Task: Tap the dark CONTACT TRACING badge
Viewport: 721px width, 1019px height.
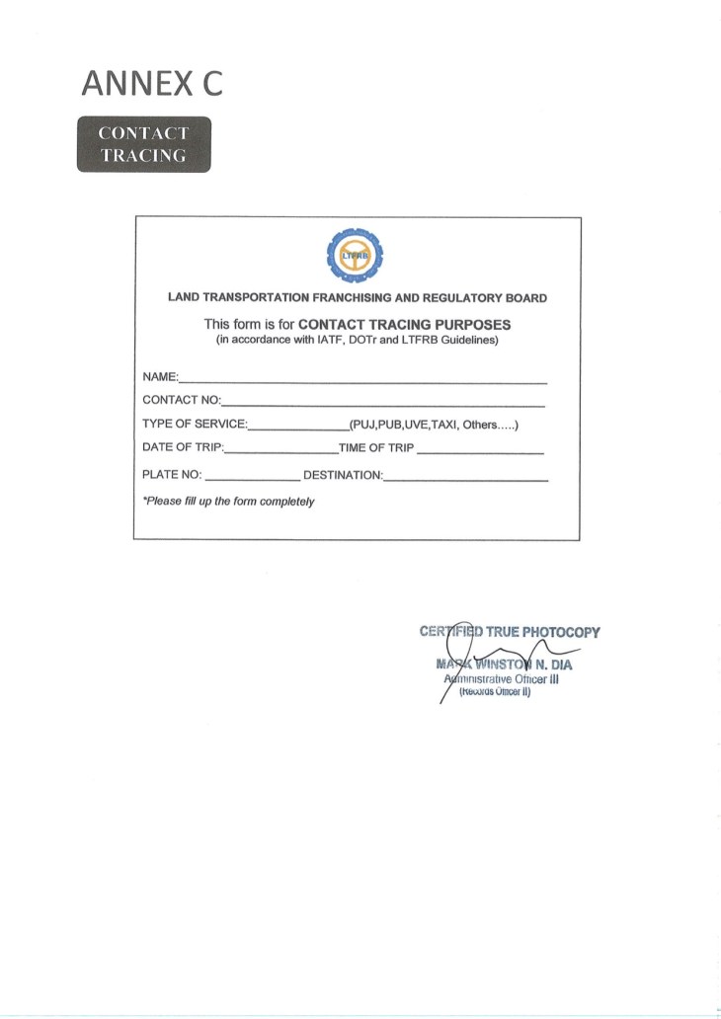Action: pyautogui.click(x=143, y=144)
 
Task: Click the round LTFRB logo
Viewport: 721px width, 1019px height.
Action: pyautogui.click(x=357, y=257)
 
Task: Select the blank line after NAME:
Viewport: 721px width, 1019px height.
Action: pyautogui.click(x=362, y=380)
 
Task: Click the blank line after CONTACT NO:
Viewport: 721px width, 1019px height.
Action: pyautogui.click(x=383, y=404)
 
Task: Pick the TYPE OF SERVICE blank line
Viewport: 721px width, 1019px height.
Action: pyautogui.click(x=297, y=429)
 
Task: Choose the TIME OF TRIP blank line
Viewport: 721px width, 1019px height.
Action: pyautogui.click(x=481, y=452)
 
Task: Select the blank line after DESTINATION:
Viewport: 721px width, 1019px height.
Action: pyautogui.click(x=465, y=479)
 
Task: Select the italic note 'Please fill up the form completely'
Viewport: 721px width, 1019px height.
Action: pyautogui.click(x=228, y=502)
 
